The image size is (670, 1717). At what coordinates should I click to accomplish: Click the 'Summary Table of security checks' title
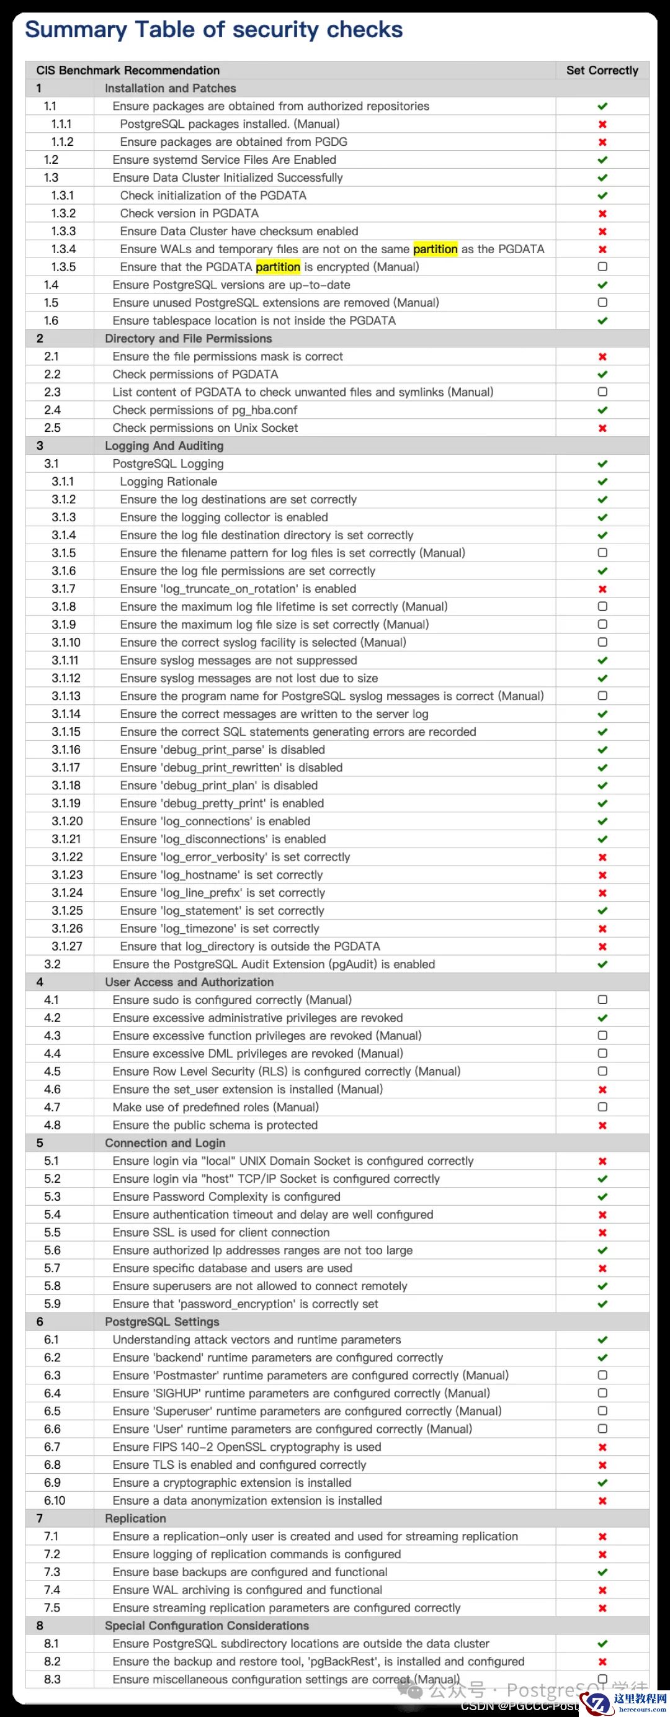[x=213, y=30]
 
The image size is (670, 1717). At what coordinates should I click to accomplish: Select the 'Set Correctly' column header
[x=602, y=70]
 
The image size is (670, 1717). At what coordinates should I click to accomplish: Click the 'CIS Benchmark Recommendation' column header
[x=128, y=70]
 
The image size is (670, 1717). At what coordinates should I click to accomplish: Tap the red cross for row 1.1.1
[x=602, y=124]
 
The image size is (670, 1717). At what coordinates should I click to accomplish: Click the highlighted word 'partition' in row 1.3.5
[x=278, y=267]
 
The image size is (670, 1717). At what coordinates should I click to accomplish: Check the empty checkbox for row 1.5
[x=602, y=303]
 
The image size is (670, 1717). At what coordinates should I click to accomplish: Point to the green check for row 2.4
[x=602, y=410]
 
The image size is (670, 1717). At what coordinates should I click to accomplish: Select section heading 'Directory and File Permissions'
[x=188, y=339]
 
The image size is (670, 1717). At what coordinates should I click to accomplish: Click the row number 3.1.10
[x=66, y=642]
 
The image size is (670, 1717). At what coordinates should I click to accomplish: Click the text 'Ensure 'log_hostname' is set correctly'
[x=221, y=874]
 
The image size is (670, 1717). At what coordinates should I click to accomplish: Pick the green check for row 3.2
[x=602, y=964]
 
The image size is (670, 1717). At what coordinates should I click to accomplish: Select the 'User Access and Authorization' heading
[x=189, y=982]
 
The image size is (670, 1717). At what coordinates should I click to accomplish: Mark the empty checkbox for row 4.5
[x=602, y=1071]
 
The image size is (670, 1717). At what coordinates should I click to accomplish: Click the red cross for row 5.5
[x=602, y=1232]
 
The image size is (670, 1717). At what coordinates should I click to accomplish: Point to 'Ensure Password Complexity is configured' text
[x=226, y=1196]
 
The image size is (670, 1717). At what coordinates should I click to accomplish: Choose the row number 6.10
[x=55, y=1500]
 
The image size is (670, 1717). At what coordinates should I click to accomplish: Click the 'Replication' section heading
[x=135, y=1518]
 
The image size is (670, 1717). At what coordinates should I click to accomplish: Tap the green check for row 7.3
[x=602, y=1572]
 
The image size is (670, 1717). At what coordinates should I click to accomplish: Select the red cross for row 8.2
[x=602, y=1662]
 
